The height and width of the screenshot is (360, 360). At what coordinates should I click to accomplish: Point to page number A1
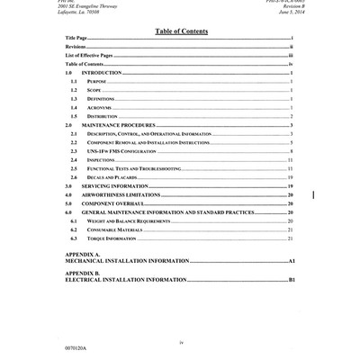coord(292,261)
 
